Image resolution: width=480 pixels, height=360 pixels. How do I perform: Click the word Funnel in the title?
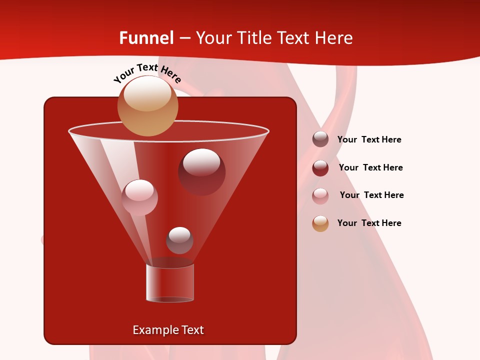pyautogui.click(x=146, y=38)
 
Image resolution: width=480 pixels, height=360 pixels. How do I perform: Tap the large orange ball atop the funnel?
pyautogui.click(x=147, y=105)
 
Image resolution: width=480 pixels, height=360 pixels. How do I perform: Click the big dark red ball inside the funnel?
pyautogui.click(x=201, y=171)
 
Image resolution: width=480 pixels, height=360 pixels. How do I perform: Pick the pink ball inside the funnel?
pyautogui.click(x=139, y=197)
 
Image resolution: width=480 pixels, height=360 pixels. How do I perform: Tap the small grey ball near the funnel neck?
pyautogui.click(x=179, y=240)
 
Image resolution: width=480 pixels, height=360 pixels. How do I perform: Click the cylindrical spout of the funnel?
pyautogui.click(x=169, y=283)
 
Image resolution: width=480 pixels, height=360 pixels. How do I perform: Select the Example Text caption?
pyautogui.click(x=168, y=330)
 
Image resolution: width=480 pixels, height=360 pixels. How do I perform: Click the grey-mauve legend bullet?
pyautogui.click(x=320, y=139)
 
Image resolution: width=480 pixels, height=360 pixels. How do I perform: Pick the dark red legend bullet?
pyautogui.click(x=320, y=168)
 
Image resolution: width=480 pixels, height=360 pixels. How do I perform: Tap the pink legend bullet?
pyautogui.click(x=320, y=196)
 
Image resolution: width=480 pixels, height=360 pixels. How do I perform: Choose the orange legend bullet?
pyautogui.click(x=320, y=223)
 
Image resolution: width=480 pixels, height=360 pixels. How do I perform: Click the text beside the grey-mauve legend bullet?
pyautogui.click(x=369, y=140)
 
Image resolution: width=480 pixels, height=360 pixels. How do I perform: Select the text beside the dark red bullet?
pyautogui.click(x=370, y=168)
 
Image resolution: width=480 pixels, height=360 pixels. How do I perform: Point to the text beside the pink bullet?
pyautogui.click(x=371, y=195)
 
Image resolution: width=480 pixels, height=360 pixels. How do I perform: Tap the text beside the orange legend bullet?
pyautogui.click(x=369, y=223)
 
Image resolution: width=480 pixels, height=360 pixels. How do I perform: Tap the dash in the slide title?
pyautogui.click(x=184, y=38)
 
